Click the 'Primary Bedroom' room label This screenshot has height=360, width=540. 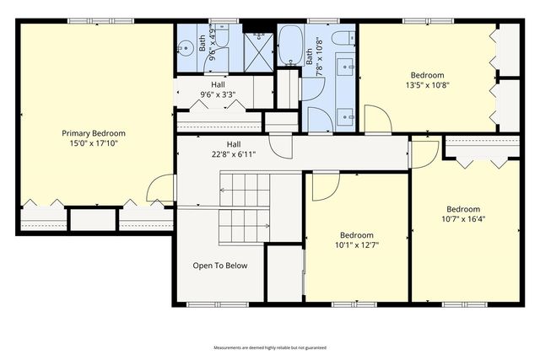(x=93, y=133)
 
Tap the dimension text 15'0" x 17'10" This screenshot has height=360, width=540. (x=93, y=143)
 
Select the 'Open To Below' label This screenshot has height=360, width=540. (x=220, y=266)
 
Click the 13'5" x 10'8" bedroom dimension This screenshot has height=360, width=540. (x=427, y=84)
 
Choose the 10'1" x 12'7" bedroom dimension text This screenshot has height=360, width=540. (x=356, y=246)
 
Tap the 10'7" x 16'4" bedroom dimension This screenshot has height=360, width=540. (x=463, y=219)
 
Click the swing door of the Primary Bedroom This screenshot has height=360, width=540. (x=160, y=189)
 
